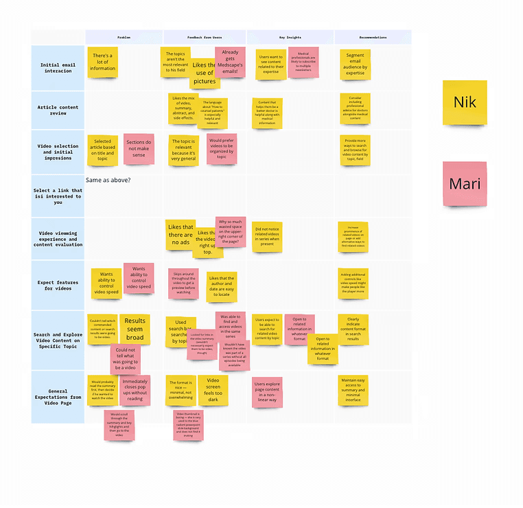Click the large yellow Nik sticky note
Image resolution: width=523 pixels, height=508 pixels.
pyautogui.click(x=465, y=103)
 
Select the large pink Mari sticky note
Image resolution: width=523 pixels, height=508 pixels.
pyautogui.click(x=465, y=184)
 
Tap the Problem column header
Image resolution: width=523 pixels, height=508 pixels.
pyautogui.click(x=124, y=38)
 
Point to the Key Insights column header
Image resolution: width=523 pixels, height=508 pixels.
pyautogui.click(x=290, y=38)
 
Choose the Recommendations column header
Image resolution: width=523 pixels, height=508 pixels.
pyautogui.click(x=373, y=38)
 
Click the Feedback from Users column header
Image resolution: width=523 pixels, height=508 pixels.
pyautogui.click(x=204, y=38)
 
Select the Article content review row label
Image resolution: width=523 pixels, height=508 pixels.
pyautogui.click(x=58, y=110)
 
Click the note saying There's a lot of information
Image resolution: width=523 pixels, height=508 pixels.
pyautogui.click(x=102, y=62)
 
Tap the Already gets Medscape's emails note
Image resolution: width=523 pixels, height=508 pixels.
pyautogui.click(x=230, y=62)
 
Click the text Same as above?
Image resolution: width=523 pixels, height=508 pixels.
pyautogui.click(x=108, y=180)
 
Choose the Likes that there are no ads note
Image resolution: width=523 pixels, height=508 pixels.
pyautogui.click(x=181, y=234)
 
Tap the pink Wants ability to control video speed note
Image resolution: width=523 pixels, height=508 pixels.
pyautogui.click(x=139, y=277)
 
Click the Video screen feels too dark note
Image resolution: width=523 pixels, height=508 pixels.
pyautogui.click(x=213, y=389)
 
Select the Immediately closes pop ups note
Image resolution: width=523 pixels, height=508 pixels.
pyautogui.click(x=135, y=389)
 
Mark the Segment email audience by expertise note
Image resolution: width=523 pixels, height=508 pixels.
pyautogui.click(x=356, y=63)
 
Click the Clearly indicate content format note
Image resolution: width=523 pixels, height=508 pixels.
pyautogui.click(x=353, y=329)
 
